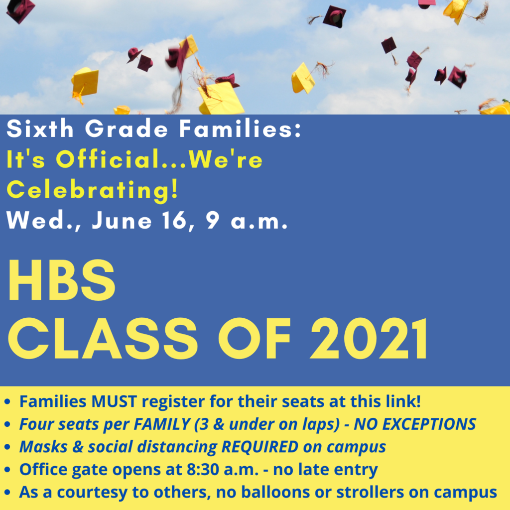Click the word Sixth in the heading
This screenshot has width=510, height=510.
pyautogui.click(x=40, y=128)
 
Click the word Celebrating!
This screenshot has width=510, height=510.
pyautogui.click(x=93, y=190)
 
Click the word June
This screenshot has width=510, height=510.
pyautogui.click(x=122, y=220)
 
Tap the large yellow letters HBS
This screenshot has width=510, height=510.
pyautogui.click(x=61, y=280)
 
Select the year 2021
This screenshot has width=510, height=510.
pyautogui.click(x=369, y=338)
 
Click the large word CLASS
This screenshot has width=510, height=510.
pyautogui.click(x=103, y=338)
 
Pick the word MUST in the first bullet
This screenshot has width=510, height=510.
pyautogui.click(x=114, y=401)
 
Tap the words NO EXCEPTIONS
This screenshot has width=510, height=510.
pyautogui.click(x=415, y=424)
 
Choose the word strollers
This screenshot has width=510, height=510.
pyautogui.click(x=370, y=492)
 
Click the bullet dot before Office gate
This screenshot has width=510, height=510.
pyautogui.click(x=7, y=470)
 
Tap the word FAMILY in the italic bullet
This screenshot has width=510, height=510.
pyautogui.click(x=162, y=424)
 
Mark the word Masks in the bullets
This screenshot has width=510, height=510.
pyautogui.click(x=44, y=447)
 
